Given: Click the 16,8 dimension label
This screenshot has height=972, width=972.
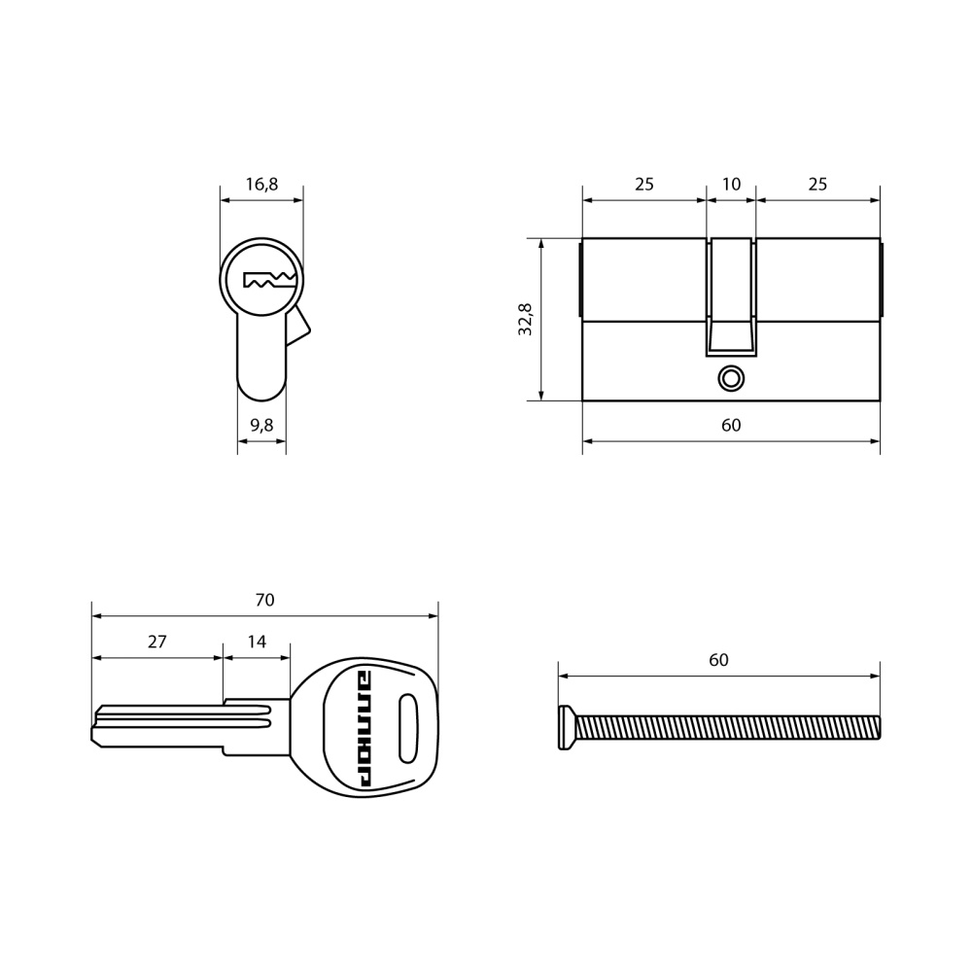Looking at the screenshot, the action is click(x=261, y=184).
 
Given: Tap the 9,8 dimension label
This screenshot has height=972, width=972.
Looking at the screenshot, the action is click(x=261, y=426).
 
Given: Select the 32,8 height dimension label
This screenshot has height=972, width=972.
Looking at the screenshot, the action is click(x=526, y=319).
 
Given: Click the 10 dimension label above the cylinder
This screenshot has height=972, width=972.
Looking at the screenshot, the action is click(x=732, y=184).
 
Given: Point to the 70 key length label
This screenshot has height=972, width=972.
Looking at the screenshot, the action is click(x=264, y=600).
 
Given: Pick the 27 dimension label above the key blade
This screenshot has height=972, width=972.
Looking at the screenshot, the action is click(x=157, y=642).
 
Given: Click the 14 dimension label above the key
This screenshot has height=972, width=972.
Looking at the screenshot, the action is click(x=257, y=642).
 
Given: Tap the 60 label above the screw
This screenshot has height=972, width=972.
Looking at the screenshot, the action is click(x=718, y=660).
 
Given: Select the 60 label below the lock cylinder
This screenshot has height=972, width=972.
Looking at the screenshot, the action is click(x=732, y=426).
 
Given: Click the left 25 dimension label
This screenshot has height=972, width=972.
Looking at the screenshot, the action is click(x=644, y=184).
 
